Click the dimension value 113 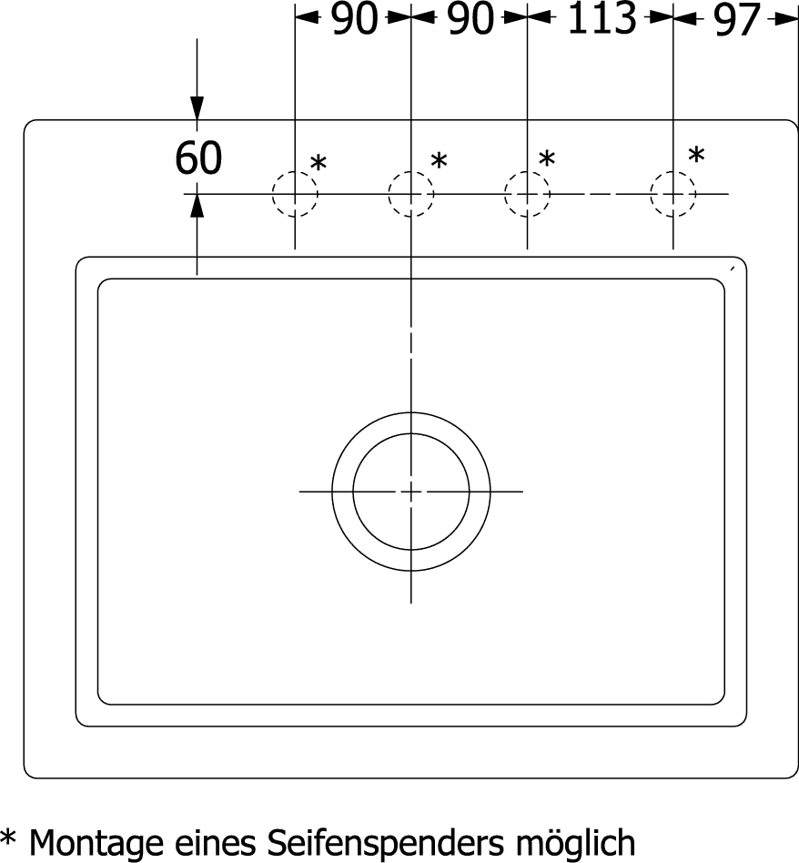pyautogui.click(x=601, y=18)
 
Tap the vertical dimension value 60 pyautogui.click(x=198, y=158)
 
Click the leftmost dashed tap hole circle pyautogui.click(x=295, y=194)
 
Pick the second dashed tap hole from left pyautogui.click(x=411, y=194)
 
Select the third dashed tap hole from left pyautogui.click(x=527, y=194)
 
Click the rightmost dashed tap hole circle pyautogui.click(x=673, y=194)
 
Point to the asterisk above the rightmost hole pyautogui.click(x=697, y=155)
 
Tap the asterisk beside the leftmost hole pyautogui.click(x=319, y=164)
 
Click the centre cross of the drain pyautogui.click(x=411, y=492)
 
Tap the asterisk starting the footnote pyautogui.click(x=8, y=838)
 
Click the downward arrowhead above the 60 pyautogui.click(x=197, y=108)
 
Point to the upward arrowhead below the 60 pyautogui.click(x=197, y=206)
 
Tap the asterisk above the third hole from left pyautogui.click(x=546, y=159)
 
